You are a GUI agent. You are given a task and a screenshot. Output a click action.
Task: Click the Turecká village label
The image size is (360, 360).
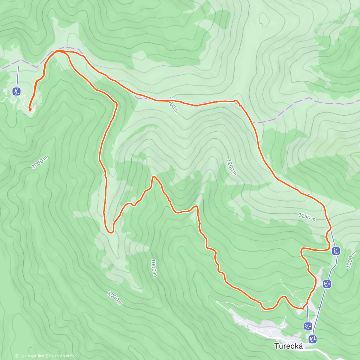288,346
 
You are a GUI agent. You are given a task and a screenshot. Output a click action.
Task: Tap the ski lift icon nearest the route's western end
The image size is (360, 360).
17,91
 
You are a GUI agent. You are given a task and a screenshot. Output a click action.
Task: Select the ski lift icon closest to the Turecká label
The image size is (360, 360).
313,339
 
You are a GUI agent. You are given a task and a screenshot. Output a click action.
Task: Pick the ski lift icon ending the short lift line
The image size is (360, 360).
308,326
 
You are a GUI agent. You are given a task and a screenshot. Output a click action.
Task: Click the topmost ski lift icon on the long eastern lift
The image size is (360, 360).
336,251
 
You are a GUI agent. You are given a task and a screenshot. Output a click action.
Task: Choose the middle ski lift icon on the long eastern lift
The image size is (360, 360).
327,283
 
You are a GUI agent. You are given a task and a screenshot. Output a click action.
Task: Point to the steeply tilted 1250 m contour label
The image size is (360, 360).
232,167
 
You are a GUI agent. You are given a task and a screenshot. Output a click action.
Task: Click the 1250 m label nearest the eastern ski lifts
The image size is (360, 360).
307,217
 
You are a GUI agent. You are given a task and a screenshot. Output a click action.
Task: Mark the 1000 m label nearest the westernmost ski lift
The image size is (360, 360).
40,162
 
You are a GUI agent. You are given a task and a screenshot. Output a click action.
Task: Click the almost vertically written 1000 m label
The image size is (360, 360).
154,268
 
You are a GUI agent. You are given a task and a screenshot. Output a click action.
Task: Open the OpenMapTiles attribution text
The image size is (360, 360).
29,356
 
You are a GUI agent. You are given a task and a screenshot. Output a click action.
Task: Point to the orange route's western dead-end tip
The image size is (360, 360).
30,110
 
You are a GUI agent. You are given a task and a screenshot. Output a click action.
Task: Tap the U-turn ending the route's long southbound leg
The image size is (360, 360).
110,232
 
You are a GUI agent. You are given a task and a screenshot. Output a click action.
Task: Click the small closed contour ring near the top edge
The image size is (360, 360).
264,19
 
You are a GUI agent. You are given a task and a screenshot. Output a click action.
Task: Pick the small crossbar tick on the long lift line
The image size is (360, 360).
320,307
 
